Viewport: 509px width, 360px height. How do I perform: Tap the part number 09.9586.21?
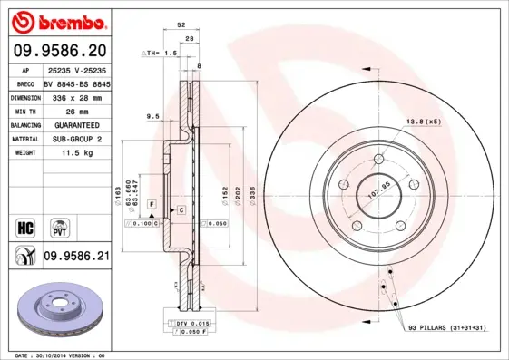(76, 258)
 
